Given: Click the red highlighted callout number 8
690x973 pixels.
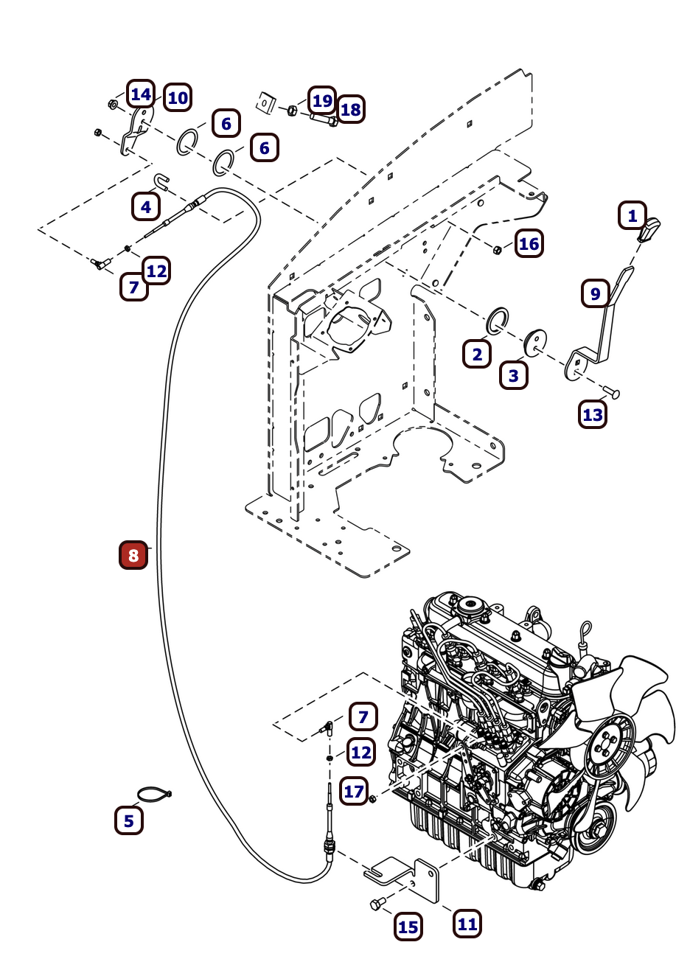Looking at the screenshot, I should pyautogui.click(x=133, y=555).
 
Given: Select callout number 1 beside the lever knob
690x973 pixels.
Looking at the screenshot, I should pyautogui.click(x=632, y=216).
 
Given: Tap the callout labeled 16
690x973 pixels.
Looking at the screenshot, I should pyautogui.click(x=529, y=244).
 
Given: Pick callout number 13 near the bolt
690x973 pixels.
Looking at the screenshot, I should pyautogui.click(x=593, y=414).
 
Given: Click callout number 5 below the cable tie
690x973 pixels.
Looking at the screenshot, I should pyautogui.click(x=129, y=820).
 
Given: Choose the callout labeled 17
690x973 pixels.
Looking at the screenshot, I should pyautogui.click(x=354, y=792).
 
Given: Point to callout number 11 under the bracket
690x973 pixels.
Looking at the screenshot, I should pyautogui.click(x=467, y=924).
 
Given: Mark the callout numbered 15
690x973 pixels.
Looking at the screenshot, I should pyautogui.click(x=408, y=927).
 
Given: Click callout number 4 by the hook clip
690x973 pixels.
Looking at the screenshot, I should pyautogui.click(x=146, y=207).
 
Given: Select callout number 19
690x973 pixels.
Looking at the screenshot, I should pyautogui.click(x=322, y=100).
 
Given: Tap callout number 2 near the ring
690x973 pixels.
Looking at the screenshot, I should pyautogui.click(x=477, y=355).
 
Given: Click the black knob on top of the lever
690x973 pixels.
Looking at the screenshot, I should pyautogui.click(x=649, y=230).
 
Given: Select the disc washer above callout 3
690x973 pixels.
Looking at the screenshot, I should pyautogui.click(x=535, y=341).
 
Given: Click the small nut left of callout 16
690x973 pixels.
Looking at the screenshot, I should pyautogui.click(x=498, y=250).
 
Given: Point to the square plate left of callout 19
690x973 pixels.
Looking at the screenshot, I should pyautogui.click(x=266, y=102).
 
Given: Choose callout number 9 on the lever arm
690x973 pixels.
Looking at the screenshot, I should pyautogui.click(x=595, y=293).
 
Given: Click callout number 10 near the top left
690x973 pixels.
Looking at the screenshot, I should pyautogui.click(x=178, y=97).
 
